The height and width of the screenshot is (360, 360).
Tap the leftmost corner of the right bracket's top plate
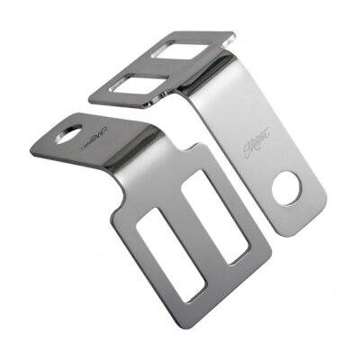92,93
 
